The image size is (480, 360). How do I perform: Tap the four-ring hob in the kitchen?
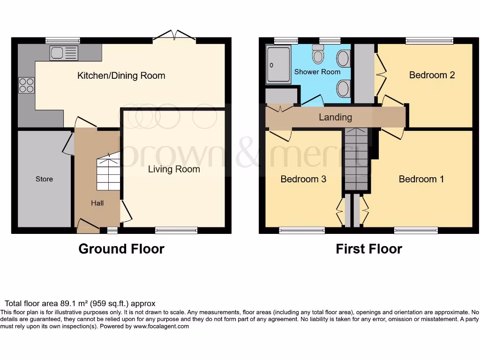26,85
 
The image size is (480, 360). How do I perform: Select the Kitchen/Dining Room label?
121,75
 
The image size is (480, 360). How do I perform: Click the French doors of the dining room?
174,36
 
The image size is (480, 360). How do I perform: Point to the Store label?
45,179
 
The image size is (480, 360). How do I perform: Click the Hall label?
97,203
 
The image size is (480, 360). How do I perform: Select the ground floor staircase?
108,172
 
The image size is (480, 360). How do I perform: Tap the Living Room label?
174,169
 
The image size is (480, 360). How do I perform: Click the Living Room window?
176,230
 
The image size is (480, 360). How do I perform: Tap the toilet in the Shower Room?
318,55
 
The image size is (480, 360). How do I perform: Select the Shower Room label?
317,72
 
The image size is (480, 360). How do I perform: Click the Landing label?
335,117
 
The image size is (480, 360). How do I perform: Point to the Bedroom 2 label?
432,75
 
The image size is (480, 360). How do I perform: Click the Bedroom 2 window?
429,41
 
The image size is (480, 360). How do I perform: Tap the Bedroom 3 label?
303,179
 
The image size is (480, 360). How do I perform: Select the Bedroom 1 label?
421,179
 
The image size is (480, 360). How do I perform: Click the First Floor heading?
369,249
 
